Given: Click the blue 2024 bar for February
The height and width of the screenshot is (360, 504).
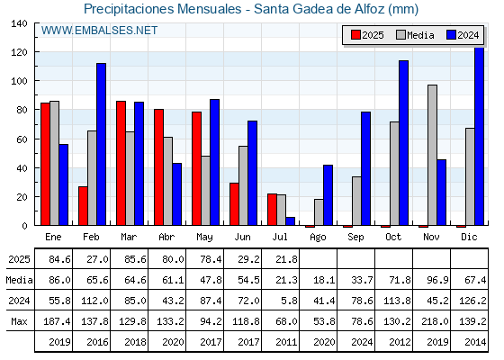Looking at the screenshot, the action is (x=101, y=144).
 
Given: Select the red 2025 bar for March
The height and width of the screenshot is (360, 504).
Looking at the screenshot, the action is (x=121, y=163).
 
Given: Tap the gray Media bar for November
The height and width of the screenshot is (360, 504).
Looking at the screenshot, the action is (x=432, y=155).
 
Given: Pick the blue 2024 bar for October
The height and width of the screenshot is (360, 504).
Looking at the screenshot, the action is (x=404, y=143).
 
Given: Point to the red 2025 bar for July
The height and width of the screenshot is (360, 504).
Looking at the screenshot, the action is (x=272, y=209).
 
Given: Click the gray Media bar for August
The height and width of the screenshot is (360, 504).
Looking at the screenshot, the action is (x=319, y=212).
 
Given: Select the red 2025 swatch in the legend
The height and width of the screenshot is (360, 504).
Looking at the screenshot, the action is (x=355, y=35).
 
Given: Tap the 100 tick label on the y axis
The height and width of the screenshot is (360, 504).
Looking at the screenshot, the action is (x=19, y=81).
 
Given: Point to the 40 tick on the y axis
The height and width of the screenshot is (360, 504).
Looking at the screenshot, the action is (x=19, y=168).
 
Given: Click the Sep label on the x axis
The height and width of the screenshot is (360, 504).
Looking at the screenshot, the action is (x=355, y=237).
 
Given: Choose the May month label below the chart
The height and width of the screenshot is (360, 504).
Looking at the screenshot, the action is (x=204, y=238).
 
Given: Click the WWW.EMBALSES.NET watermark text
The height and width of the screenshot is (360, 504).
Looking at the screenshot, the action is (x=99, y=31).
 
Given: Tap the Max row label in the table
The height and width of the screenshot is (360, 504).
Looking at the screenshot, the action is (x=19, y=321).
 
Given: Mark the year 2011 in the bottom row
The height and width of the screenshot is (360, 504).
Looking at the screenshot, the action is (x=286, y=342).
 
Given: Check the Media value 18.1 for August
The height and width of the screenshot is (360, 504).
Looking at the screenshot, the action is (x=324, y=280).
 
